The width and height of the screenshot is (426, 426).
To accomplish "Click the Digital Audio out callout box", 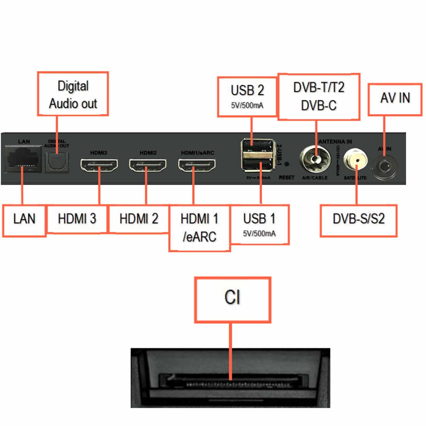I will (x=73, y=94).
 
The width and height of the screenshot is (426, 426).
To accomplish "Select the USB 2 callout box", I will (x=247, y=97).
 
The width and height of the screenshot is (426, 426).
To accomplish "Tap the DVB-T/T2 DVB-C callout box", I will (x=319, y=97).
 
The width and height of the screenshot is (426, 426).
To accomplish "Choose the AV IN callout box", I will (x=395, y=99).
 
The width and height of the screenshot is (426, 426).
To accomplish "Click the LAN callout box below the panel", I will (x=24, y=220).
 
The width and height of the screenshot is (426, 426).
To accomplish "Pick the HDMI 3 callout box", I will (x=77, y=219).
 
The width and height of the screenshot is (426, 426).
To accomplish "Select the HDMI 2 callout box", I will (x=139, y=219).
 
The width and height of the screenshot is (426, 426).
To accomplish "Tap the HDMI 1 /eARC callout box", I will (x=200, y=228).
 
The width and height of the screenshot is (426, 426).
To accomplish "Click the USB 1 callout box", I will (x=260, y=224).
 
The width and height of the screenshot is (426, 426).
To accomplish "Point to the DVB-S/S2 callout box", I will (x=359, y=220).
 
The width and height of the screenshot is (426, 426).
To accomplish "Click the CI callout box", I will (x=233, y=300).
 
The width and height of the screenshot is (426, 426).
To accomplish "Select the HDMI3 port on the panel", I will (x=99, y=165).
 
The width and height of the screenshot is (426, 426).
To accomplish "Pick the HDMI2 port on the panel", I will (x=148, y=165).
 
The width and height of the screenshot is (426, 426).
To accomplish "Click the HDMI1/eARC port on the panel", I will (x=197, y=165).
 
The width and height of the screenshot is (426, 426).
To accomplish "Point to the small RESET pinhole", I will (x=287, y=164).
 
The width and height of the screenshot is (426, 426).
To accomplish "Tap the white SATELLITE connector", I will (x=355, y=160).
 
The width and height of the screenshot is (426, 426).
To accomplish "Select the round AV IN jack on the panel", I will (x=384, y=167).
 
